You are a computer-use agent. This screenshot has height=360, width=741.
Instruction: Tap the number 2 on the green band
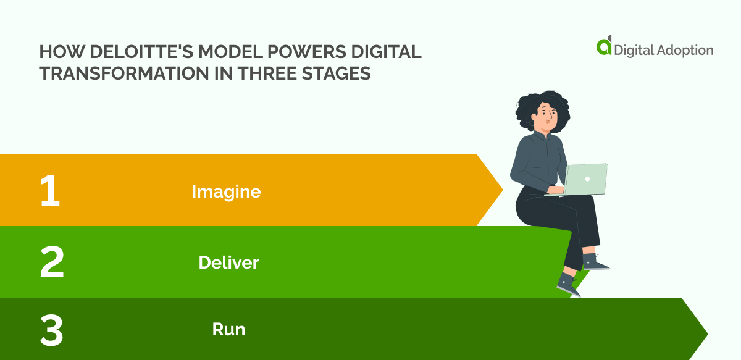coord(52,262)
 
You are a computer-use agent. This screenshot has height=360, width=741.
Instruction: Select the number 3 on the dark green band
coord(51,330)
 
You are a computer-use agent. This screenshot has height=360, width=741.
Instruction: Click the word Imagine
coord(226,191)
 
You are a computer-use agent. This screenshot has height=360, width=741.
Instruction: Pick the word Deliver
coord(228,263)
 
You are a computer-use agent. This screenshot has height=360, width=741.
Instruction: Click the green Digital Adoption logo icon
coord(603,46)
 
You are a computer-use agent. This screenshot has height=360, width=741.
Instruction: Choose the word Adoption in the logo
coord(684,50)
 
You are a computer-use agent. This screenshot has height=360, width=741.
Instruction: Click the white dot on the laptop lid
coord(587,178)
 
